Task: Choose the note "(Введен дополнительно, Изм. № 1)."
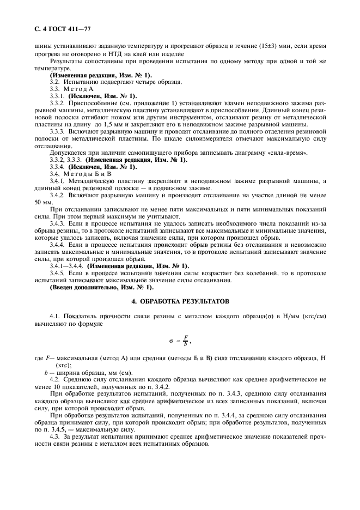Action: pyautogui.click(x=101, y=287)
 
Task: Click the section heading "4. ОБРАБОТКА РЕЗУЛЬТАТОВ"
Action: pyautogui.click(x=180, y=301)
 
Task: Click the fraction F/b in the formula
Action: pyautogui.click(x=185, y=341)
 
